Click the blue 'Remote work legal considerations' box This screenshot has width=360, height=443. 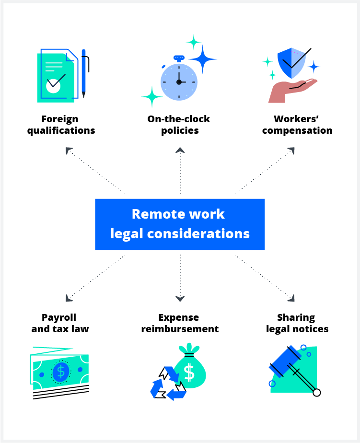(180, 224)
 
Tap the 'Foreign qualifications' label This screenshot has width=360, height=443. (61, 125)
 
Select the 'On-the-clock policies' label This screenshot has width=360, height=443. (179, 125)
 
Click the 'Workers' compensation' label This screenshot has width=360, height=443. (297, 125)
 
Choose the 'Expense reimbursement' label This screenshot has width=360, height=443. (180, 323)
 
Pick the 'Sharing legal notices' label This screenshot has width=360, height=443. (297, 323)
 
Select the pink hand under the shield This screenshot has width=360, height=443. (290, 92)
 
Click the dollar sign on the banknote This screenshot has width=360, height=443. (60, 372)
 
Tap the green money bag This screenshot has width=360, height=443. (190, 371)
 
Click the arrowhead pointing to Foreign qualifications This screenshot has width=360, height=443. (69, 151)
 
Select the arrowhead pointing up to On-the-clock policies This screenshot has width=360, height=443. (180, 151)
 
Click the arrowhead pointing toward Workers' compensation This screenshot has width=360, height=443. (291, 151)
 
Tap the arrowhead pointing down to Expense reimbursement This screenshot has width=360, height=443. (180, 299)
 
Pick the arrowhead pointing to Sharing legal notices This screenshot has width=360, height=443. (291, 298)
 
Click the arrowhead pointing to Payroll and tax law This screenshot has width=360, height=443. (69, 298)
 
